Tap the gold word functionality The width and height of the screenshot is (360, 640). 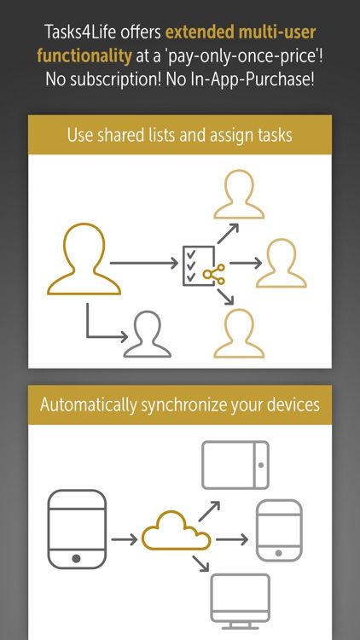tap(84, 56)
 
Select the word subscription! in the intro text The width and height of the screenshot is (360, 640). tap(116, 79)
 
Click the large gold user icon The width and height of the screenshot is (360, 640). tap(84, 259)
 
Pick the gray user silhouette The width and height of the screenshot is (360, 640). tap(148, 334)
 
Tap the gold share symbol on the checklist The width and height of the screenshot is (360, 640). tap(214, 274)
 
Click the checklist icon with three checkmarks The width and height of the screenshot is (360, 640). tap(199, 265)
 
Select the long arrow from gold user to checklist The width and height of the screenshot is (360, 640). tap(144, 264)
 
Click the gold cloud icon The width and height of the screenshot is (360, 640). tap(176, 530)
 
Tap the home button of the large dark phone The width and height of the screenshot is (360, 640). tap(76, 558)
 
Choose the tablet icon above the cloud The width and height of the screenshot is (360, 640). tap(235, 465)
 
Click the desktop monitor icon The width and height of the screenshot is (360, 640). tap(240, 602)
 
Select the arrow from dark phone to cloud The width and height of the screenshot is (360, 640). tap(124, 539)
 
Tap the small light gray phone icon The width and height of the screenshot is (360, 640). tap(279, 530)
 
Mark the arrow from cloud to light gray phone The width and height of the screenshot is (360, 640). tap(232, 539)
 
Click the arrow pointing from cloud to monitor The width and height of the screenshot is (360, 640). tap(200, 562)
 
